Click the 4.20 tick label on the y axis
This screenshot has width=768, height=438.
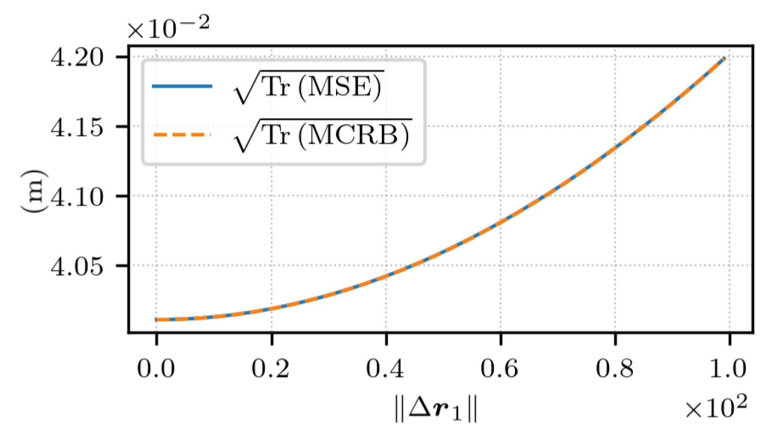point(77,57)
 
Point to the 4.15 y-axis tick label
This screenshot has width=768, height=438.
point(77,127)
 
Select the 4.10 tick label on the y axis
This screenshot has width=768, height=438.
point(77,196)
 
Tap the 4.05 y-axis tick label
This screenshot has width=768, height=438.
point(77,266)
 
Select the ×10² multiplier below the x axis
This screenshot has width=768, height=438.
point(715,408)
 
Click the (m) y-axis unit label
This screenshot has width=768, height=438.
point(34,192)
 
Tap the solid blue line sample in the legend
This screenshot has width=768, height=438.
point(182,86)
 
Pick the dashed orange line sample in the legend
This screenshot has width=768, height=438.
point(182,135)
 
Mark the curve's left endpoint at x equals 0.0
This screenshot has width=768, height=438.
point(156,319)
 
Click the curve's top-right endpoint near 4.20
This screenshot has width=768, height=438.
point(725,58)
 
